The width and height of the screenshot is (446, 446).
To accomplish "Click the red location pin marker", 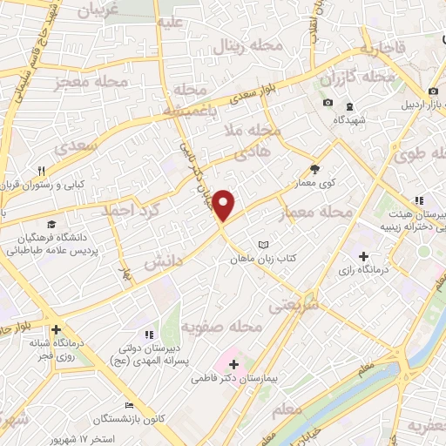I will point(224,205).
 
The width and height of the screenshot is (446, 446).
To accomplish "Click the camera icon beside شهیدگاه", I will point(328,103).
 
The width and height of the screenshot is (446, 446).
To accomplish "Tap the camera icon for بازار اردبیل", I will point(433,91).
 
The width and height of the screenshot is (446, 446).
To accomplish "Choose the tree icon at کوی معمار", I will point(314,171).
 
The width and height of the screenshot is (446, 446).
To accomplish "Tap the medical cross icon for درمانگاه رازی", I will point(363,255).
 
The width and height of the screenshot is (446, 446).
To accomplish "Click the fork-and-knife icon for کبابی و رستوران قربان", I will point(41,171).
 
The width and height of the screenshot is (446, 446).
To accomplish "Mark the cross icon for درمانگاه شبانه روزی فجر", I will point(56,330).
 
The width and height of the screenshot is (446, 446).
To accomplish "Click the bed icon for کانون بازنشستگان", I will point(129,404).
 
